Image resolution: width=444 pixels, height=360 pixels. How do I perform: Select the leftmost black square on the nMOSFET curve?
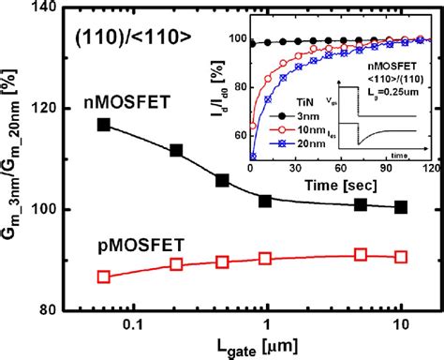pos(103,125)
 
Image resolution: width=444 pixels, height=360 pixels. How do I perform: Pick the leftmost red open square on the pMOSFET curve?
pos(103,277)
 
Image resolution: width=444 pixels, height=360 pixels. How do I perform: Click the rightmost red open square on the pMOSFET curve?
pos(401,256)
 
